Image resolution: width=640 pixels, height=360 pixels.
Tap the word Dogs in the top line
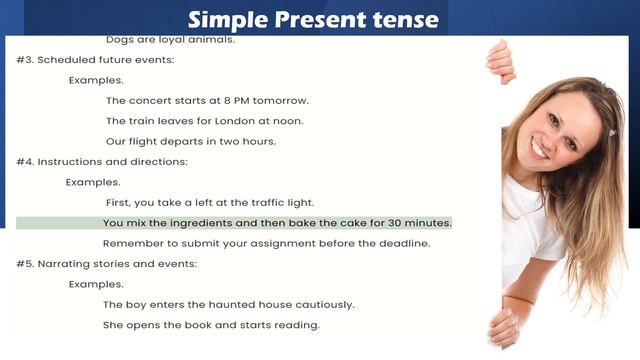[120, 40]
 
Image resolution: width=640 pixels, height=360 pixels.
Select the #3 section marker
[25, 60]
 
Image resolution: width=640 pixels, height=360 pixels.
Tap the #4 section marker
[25, 161]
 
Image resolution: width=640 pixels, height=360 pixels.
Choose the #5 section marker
[25, 264]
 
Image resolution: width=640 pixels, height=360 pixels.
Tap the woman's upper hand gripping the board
[499, 60]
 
